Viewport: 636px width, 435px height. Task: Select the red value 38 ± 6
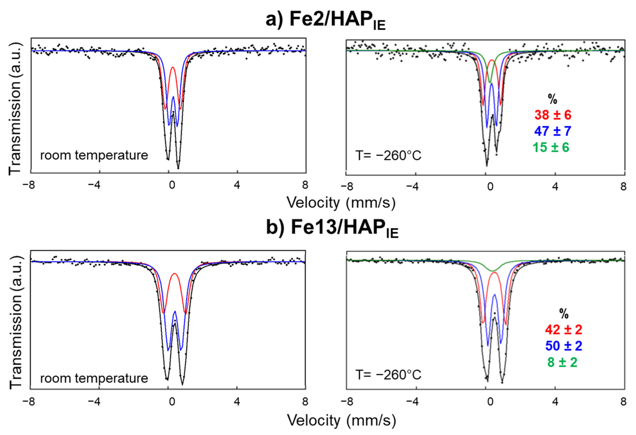[553, 115]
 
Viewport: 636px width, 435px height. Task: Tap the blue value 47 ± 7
[553, 131]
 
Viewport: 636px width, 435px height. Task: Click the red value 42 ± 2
[564, 330]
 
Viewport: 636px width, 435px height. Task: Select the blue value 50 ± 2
[564, 346]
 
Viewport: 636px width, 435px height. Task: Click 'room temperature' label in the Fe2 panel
[94, 155]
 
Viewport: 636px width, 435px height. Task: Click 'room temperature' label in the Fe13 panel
[94, 378]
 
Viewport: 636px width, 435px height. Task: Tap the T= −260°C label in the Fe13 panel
[388, 375]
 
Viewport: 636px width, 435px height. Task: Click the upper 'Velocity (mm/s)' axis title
[341, 203]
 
